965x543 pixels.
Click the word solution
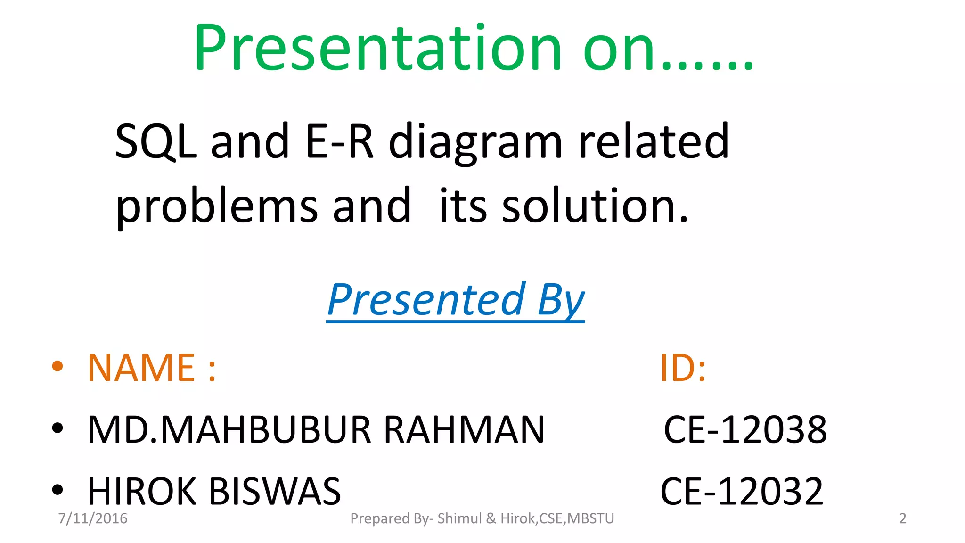[x=595, y=206]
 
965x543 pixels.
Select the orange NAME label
[x=141, y=368]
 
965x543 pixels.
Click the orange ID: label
[x=683, y=368]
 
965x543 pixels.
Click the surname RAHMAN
[x=464, y=430]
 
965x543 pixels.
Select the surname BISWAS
[x=275, y=492]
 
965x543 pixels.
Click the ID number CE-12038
[x=745, y=430]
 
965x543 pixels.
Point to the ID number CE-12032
[x=742, y=492]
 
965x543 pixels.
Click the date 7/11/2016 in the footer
[x=93, y=518]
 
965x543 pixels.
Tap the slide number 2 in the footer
[x=902, y=518]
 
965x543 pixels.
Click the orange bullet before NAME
[x=57, y=366]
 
